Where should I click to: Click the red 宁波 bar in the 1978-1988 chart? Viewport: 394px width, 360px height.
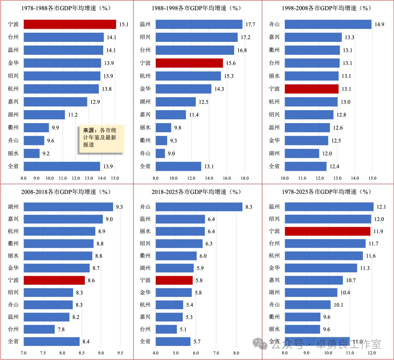tap(70, 24)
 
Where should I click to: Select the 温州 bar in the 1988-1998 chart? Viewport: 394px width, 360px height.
tap(199, 24)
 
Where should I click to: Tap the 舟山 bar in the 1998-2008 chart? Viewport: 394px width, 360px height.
tap(328, 24)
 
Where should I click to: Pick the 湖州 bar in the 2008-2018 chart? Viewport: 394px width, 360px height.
tap(68, 207)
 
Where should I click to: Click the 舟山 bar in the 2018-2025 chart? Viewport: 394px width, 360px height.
tap(199, 207)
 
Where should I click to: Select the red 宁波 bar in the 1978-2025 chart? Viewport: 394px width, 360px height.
tap(327, 231)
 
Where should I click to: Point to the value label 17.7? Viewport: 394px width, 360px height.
tap(250, 24)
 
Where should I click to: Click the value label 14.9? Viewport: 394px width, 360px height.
tap(379, 24)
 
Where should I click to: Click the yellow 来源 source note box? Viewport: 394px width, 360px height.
tap(102, 138)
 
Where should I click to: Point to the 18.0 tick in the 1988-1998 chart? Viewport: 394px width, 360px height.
tap(244, 179)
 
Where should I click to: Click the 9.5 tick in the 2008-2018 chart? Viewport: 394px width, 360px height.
tap(120, 353)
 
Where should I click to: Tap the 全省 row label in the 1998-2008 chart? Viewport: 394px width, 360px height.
tap(274, 166)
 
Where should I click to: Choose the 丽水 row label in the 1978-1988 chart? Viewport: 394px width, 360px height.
tap(13, 153)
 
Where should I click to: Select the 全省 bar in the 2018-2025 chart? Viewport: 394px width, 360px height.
tap(173, 341)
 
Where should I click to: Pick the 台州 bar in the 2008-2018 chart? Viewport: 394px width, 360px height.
tap(39, 329)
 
